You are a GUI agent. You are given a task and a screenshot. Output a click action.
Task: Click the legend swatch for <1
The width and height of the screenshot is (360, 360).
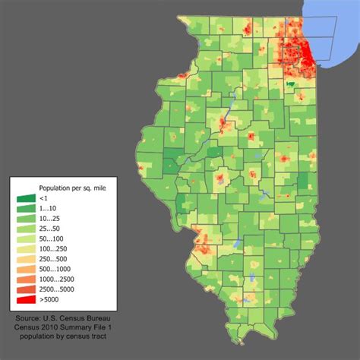[x=25, y=198]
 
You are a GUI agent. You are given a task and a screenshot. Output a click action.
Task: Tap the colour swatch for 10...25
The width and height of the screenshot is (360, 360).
[x=25, y=219]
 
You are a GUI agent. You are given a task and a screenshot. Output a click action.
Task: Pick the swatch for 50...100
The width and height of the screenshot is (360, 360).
[x=25, y=239]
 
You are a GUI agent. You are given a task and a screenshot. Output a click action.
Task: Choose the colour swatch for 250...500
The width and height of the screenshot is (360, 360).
[x=25, y=260]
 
